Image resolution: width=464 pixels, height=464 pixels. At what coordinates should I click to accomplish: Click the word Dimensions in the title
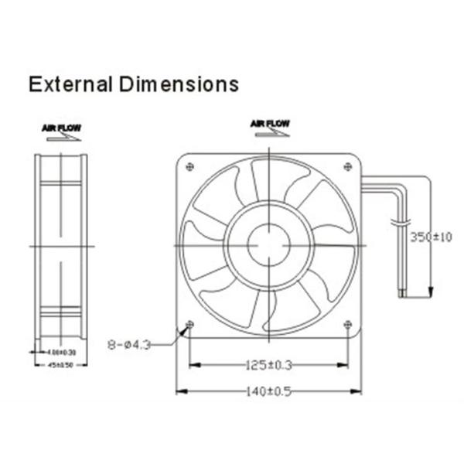point(179,84)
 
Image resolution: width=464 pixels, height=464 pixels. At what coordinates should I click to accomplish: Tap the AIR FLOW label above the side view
point(61,127)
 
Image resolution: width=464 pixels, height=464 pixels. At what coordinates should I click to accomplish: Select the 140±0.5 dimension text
point(268,391)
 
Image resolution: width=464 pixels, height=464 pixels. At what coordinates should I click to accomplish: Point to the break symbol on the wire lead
point(401,223)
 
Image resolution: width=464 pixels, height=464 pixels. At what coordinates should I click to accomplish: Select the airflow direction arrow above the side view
point(61,137)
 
